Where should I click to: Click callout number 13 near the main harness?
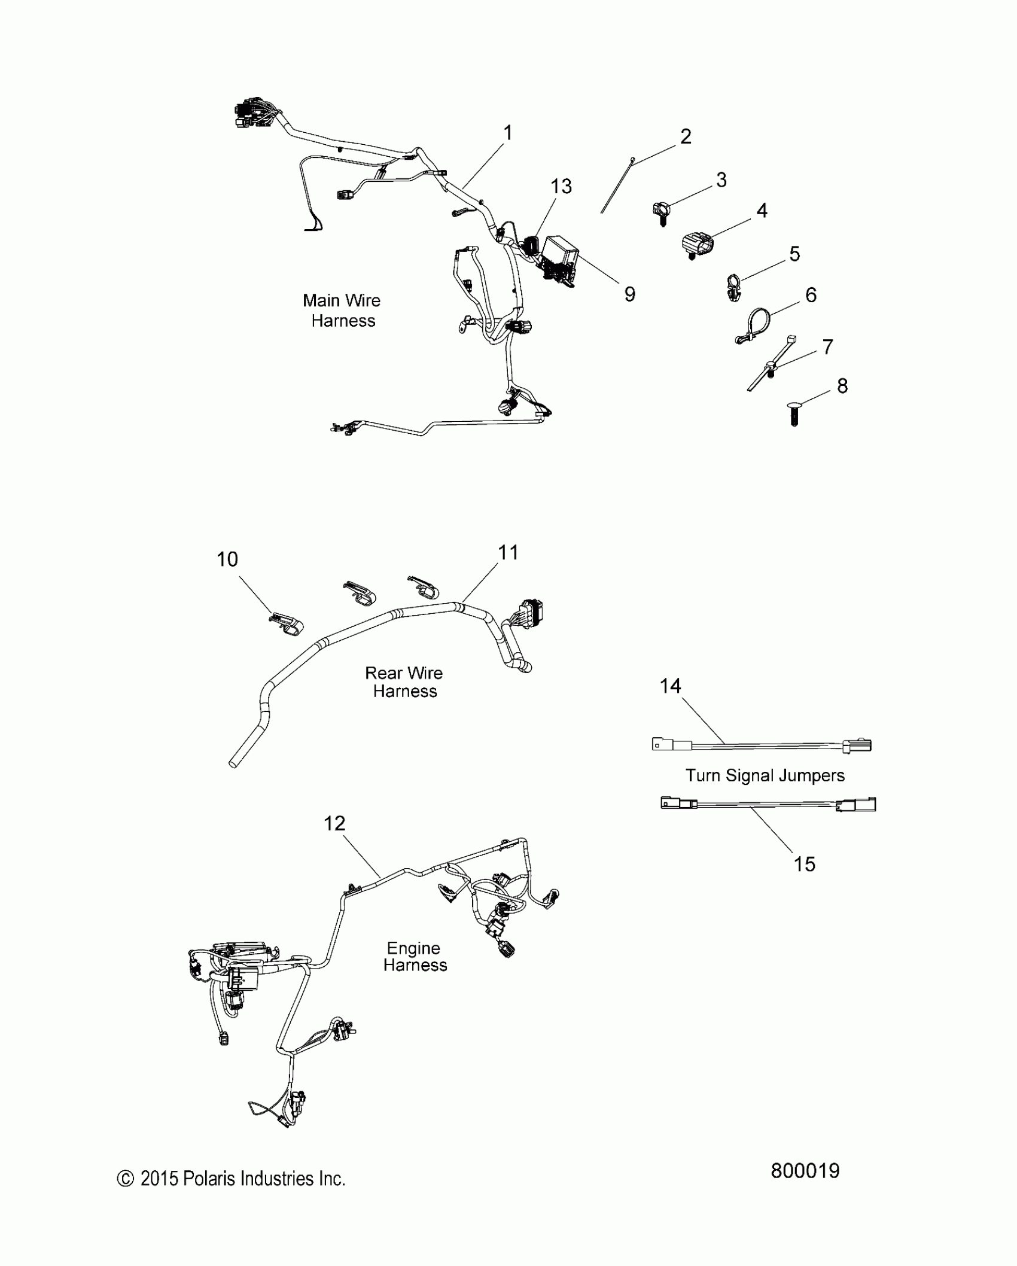pos(561,187)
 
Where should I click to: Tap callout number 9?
pos(629,294)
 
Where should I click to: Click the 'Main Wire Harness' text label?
pos(343,311)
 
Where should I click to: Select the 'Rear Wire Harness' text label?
pos(404,682)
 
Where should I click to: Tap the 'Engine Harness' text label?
pos(415,956)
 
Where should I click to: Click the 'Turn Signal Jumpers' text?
pos(765,775)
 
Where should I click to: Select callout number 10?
pos(227,559)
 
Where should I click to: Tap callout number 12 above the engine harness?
pos(334,823)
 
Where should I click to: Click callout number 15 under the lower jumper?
pos(804,864)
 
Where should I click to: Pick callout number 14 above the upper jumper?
pos(670,686)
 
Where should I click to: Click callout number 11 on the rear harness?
pos(508,552)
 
